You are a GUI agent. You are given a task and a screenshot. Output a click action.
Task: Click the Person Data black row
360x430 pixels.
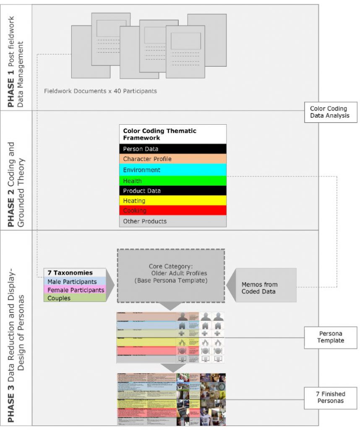tap(172, 149)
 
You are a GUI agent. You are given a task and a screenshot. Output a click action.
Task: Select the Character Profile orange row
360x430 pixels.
tap(172, 159)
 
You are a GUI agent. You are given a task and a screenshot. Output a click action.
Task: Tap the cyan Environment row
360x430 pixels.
tap(172, 170)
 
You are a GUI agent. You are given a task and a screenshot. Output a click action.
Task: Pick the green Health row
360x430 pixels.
tap(172, 181)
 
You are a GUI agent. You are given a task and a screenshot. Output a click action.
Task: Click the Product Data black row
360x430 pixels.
tap(172, 191)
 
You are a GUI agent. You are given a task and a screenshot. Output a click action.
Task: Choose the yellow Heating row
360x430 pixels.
tap(172, 201)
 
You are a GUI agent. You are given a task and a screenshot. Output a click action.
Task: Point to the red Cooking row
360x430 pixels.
tap(172, 211)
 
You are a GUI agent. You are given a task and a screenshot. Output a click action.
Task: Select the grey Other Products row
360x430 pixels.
tap(172, 221)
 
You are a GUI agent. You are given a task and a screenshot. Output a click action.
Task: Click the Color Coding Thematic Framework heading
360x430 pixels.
tap(172, 134)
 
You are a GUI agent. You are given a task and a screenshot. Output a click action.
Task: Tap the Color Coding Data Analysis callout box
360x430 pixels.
tap(331, 112)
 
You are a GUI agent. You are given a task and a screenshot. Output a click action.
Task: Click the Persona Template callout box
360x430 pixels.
tap(331, 337)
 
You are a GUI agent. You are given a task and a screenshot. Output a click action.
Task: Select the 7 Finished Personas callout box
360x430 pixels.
tap(331, 397)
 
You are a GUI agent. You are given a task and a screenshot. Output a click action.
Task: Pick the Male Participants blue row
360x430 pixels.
tap(74, 282)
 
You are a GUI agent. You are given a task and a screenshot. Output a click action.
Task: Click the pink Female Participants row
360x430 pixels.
tap(74, 290)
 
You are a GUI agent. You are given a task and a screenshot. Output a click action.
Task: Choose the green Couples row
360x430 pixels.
tap(74, 298)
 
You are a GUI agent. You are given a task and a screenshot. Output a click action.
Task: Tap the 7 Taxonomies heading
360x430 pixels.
tap(74, 273)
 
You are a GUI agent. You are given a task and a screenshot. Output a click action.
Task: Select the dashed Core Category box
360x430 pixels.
tap(171, 276)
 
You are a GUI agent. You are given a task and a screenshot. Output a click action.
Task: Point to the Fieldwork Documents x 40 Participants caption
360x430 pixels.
tap(100, 91)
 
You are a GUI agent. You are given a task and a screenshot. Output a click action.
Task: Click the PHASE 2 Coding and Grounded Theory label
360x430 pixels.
tap(16, 170)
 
